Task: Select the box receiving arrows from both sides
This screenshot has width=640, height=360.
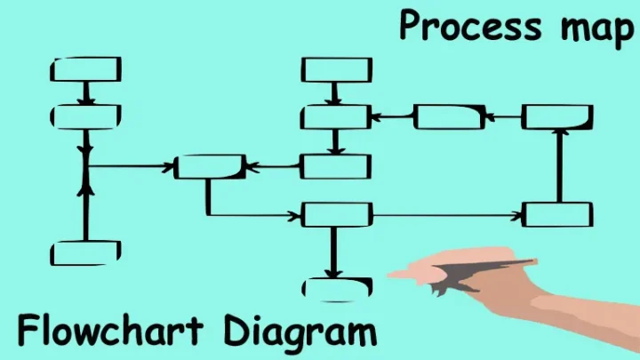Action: [x=210, y=166]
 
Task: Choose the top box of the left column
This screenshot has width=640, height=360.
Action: [x=86, y=69]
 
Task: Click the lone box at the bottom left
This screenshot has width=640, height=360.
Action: [x=85, y=253]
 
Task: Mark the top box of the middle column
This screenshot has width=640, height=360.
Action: [x=336, y=69]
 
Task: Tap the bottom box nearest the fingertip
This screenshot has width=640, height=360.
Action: [x=337, y=287]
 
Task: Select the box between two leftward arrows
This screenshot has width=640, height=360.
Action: [x=450, y=116]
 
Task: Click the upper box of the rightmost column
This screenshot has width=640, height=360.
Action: [x=557, y=116]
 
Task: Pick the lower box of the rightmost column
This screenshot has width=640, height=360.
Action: [x=557, y=214]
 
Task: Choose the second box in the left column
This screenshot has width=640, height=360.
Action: [x=86, y=116]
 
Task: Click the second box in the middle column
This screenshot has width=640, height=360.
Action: [x=335, y=116]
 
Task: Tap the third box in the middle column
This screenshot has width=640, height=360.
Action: [x=335, y=166]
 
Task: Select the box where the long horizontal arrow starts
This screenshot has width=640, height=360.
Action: [x=336, y=214]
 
